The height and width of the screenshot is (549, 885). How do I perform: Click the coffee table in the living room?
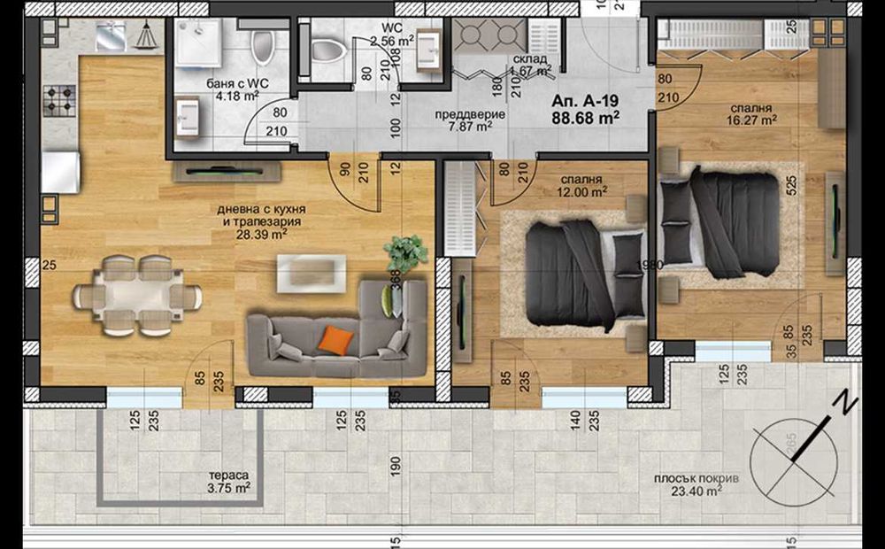[x=311, y=272]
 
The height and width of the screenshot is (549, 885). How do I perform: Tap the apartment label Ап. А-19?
[x=583, y=100]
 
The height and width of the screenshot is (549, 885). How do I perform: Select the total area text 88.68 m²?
[x=585, y=116]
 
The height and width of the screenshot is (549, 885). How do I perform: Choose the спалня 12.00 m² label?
[x=581, y=184]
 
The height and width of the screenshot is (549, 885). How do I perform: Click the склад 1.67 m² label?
[x=531, y=64]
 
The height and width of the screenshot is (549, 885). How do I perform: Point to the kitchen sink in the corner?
[x=110, y=36]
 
